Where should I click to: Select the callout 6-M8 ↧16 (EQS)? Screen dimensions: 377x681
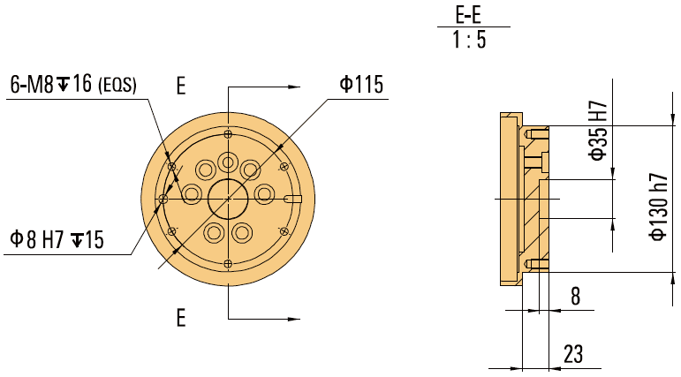[x=73, y=85]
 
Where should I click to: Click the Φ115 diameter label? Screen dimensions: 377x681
[x=359, y=85]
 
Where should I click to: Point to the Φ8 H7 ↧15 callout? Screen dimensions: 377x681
[x=57, y=239]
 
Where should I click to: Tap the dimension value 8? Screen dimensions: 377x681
[x=575, y=297]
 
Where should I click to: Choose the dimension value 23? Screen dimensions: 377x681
[x=573, y=354]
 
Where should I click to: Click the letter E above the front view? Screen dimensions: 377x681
[x=181, y=86]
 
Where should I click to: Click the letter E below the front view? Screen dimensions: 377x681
[x=181, y=318]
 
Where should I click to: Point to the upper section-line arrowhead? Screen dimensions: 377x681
[x=292, y=87]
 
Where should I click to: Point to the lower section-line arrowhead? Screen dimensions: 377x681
[x=292, y=318]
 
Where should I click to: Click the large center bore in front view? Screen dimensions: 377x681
[x=228, y=200]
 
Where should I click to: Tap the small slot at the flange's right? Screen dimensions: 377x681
[x=296, y=197]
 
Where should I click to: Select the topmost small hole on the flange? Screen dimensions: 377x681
[x=228, y=134]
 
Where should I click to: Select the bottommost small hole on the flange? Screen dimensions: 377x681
[x=228, y=264]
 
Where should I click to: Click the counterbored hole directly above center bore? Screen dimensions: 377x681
[x=228, y=162]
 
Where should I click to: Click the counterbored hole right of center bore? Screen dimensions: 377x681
[x=263, y=192]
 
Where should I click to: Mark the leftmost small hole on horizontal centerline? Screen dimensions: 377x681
[x=163, y=200]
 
